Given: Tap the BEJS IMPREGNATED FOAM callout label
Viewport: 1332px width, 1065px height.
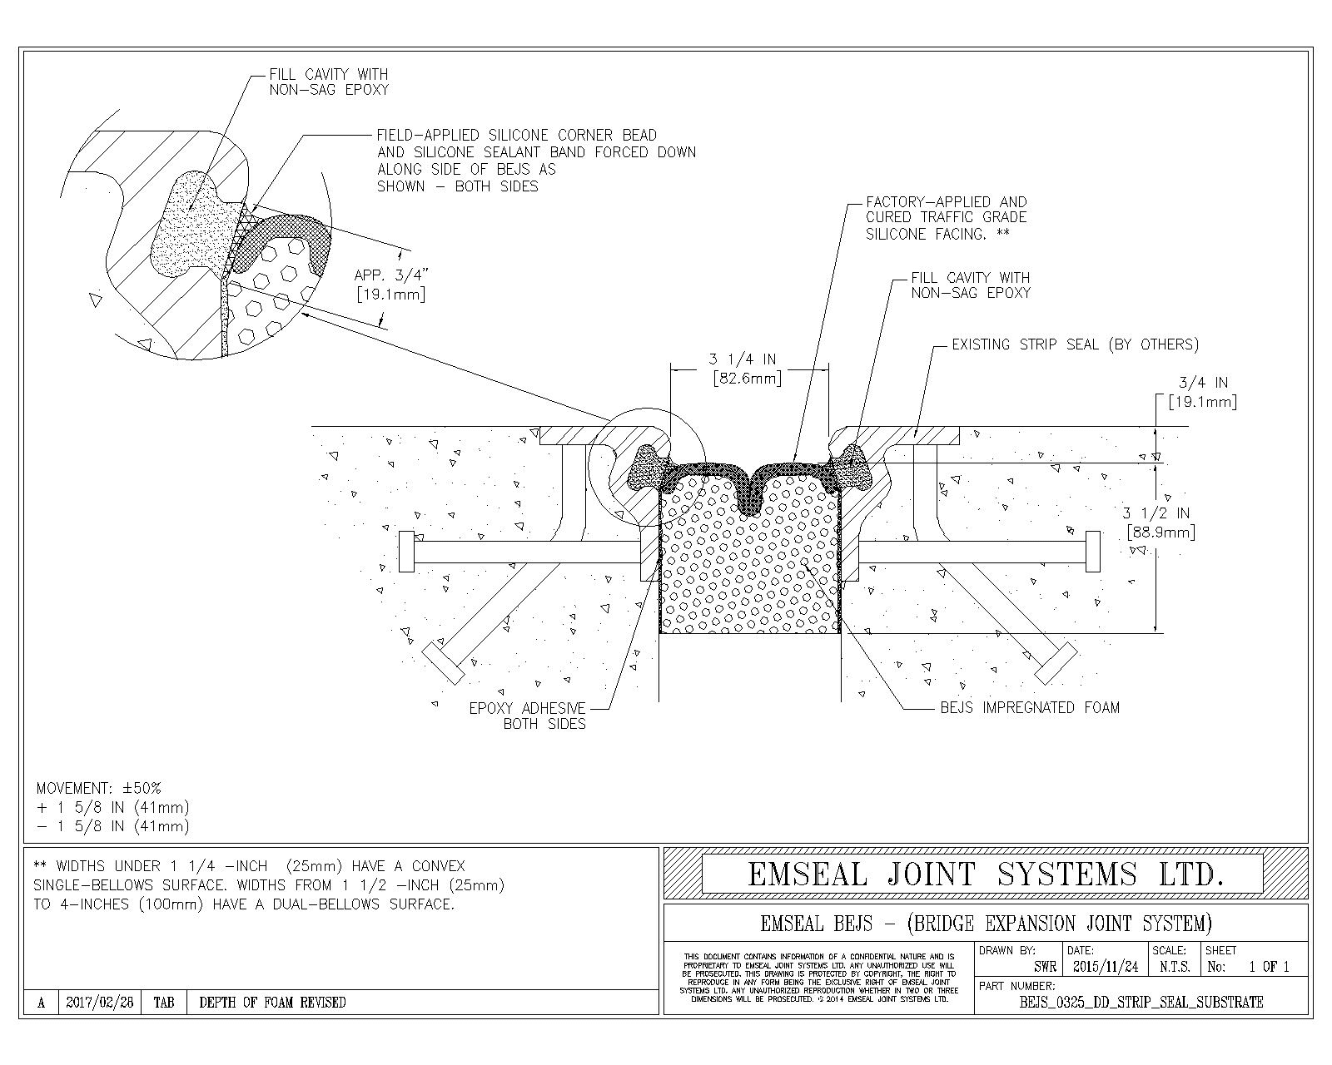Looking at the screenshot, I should [1030, 708].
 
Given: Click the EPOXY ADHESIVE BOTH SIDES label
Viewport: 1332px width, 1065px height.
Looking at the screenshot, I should [527, 716].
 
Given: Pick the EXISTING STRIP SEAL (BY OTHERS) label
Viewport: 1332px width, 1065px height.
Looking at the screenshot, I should [1075, 344].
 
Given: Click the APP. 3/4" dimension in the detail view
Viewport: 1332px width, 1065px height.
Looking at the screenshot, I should [390, 285].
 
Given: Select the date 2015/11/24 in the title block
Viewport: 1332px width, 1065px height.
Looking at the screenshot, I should [1105, 967].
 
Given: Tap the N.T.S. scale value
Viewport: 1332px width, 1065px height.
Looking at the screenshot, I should [1175, 967].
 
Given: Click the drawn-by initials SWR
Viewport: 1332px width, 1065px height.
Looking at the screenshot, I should [1045, 967].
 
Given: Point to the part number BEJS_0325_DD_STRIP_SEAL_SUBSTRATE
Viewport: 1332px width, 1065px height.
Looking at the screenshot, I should [1141, 1003].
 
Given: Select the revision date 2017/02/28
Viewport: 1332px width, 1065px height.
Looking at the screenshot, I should [99, 1003].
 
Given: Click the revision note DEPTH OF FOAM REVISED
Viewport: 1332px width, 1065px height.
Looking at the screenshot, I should [272, 1003].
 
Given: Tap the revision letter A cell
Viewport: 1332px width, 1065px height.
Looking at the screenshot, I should [41, 1003].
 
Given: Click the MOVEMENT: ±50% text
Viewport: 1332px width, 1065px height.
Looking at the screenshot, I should [99, 788].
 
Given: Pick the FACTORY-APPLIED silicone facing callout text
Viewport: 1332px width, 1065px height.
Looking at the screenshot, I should [946, 218].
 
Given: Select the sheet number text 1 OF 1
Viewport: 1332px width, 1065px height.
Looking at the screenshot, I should [1269, 967].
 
